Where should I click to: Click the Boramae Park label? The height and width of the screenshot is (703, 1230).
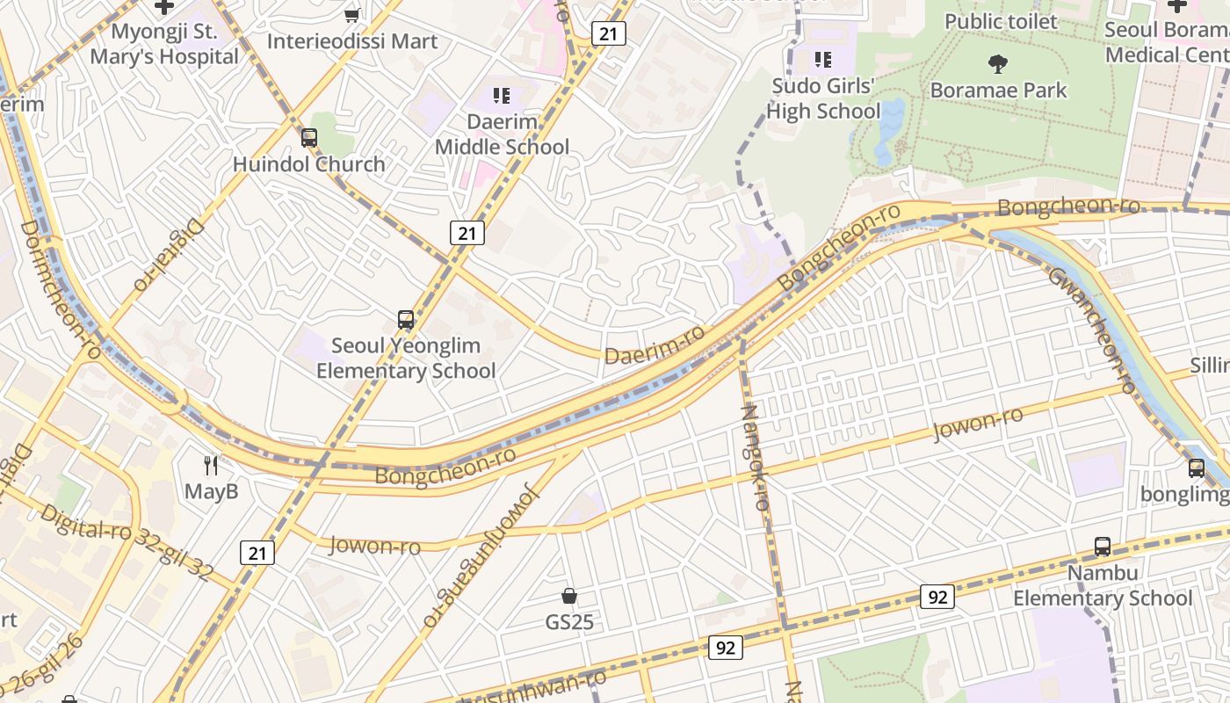click(x=998, y=90)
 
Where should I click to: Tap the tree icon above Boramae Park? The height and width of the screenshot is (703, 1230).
click(x=997, y=63)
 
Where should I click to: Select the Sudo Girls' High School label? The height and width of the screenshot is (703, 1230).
click(x=822, y=98)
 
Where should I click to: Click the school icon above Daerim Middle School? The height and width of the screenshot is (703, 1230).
click(x=502, y=95)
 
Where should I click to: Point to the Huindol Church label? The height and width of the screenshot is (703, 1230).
click(x=308, y=164)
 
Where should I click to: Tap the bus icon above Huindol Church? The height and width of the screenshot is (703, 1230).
click(x=308, y=138)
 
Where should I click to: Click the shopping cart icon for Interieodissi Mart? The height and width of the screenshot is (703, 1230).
click(x=352, y=15)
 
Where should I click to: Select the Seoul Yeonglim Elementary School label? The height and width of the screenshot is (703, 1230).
click(x=405, y=359)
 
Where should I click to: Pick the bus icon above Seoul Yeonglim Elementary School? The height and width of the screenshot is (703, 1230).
click(x=405, y=320)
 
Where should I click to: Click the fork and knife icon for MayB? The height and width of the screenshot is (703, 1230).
click(x=211, y=465)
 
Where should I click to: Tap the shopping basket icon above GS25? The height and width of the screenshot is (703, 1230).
click(x=569, y=597)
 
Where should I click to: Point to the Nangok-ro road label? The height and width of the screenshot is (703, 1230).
click(x=755, y=457)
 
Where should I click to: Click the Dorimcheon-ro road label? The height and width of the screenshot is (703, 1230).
click(x=61, y=290)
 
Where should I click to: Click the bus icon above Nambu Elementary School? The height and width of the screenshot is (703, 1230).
click(x=1103, y=547)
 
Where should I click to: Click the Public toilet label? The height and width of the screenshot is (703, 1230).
click(x=1001, y=21)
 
